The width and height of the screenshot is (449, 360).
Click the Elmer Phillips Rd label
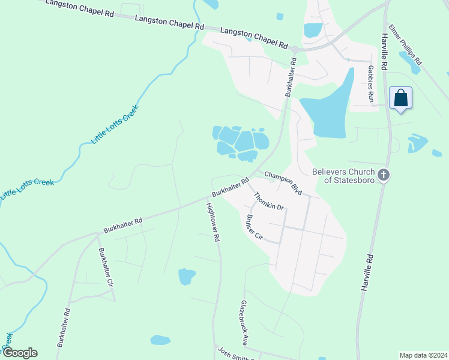[406, 45]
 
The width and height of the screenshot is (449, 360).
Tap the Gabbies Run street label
[371, 85]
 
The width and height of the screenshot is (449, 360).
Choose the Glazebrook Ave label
[244, 323]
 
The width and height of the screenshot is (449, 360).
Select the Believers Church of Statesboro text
[344, 176]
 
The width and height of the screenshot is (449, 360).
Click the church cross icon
[385, 176]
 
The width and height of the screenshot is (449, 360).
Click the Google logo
[20, 353]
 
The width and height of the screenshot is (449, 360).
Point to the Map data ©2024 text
[423, 355]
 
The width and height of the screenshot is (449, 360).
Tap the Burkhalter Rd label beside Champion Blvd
[231, 188]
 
